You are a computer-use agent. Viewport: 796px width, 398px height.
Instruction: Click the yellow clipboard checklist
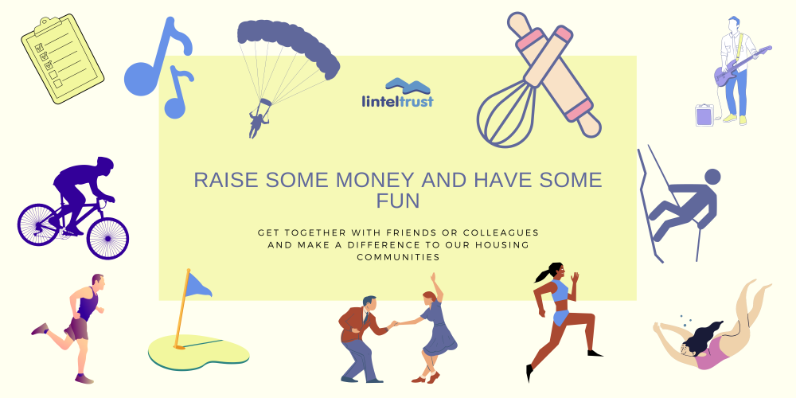[x=62, y=59]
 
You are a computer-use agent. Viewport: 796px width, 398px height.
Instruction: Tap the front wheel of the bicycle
[x=107, y=238]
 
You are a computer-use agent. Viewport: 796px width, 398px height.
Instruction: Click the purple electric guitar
[x=742, y=66]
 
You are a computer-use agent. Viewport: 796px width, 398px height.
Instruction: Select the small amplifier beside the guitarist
[x=704, y=115]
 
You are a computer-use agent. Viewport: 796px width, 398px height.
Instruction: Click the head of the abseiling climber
[x=712, y=176]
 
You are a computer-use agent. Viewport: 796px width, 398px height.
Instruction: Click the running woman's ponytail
[x=541, y=275]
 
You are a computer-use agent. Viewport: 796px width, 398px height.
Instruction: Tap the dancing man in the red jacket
[x=362, y=339]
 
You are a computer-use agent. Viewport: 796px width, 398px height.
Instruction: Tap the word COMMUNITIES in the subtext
[x=398, y=257]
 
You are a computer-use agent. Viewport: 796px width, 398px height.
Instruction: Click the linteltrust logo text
[x=398, y=101]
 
